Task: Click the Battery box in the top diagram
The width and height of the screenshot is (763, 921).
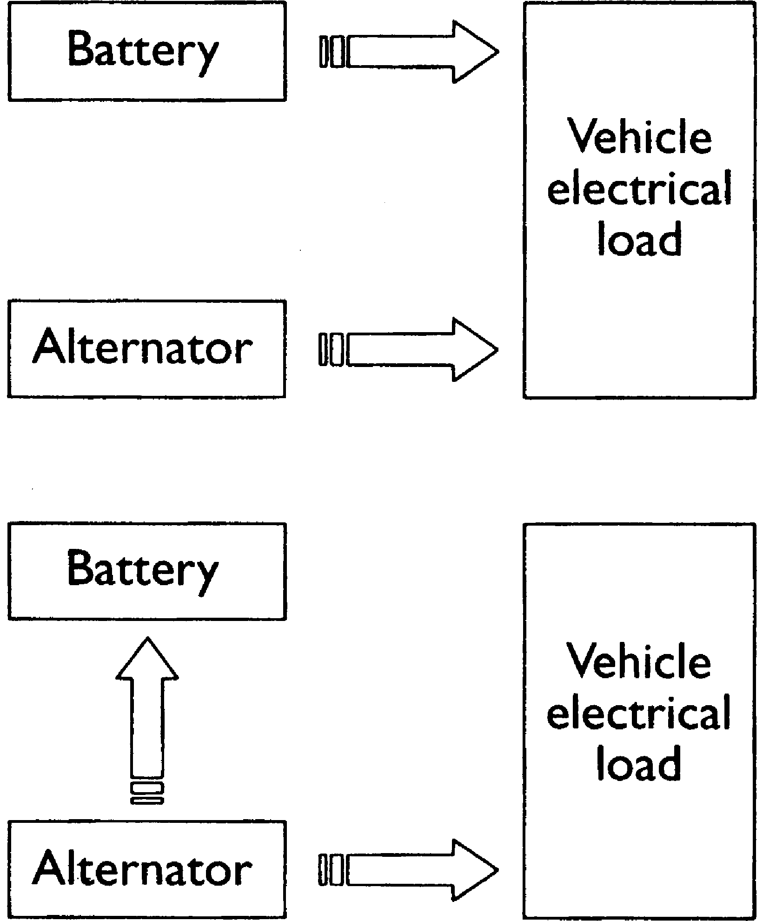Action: click(146, 51)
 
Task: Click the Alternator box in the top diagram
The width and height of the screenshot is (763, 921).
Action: click(146, 349)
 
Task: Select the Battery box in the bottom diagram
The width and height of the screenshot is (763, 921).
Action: click(146, 571)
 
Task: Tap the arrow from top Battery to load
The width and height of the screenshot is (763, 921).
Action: click(409, 52)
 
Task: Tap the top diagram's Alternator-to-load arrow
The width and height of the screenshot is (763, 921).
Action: click(409, 349)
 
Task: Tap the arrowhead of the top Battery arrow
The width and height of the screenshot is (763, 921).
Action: click(474, 52)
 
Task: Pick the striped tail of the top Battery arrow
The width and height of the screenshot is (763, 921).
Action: click(332, 52)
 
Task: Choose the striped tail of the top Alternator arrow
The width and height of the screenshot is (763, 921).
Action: click(331, 349)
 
